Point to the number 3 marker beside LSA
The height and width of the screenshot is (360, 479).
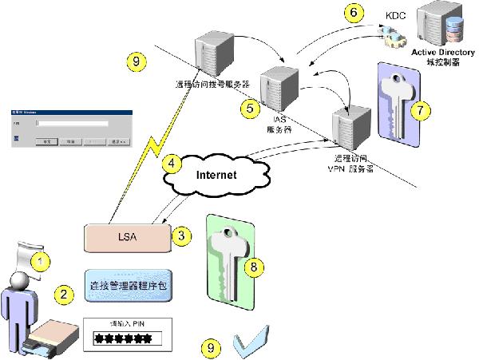(182, 235)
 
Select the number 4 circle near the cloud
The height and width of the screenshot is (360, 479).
(169, 162)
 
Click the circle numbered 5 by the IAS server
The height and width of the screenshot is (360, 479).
(249, 106)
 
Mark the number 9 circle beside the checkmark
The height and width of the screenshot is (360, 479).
(211, 347)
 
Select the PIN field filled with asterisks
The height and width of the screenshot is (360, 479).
(123, 338)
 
